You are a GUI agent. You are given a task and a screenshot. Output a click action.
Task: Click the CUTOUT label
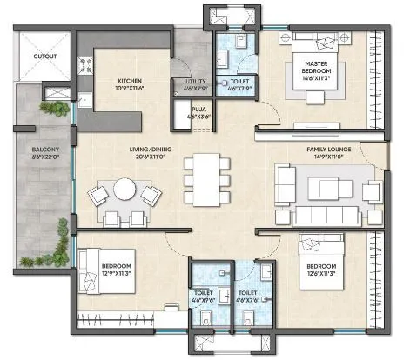tap(45, 57)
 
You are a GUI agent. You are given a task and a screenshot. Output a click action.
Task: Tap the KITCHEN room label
tap(135, 84)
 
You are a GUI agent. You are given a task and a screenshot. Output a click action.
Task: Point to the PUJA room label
tap(199, 110)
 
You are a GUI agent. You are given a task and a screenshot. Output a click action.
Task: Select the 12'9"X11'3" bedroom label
tap(116, 269)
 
